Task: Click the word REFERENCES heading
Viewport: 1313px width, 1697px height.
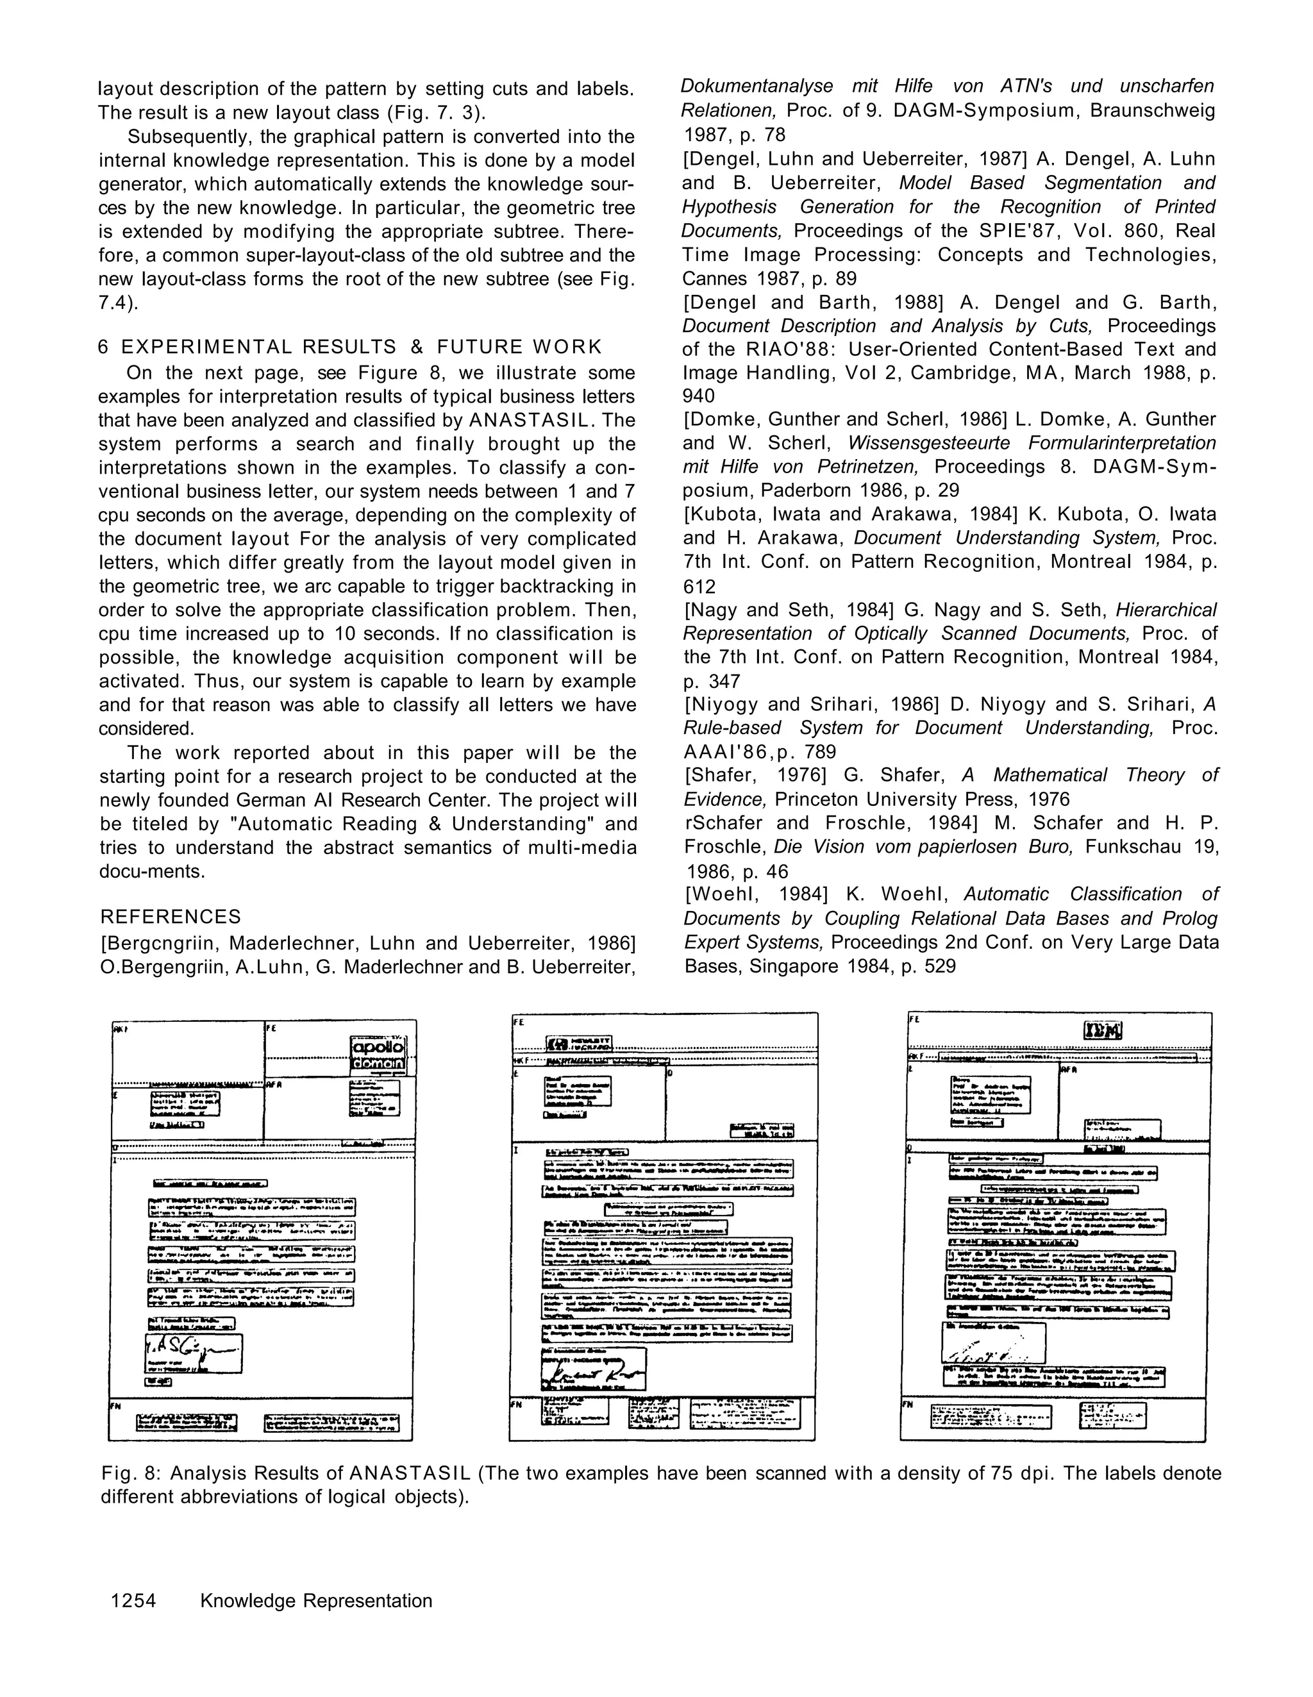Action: click(170, 917)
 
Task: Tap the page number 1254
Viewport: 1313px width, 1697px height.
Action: click(133, 1601)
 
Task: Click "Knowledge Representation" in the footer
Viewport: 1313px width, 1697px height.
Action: click(315, 1601)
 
